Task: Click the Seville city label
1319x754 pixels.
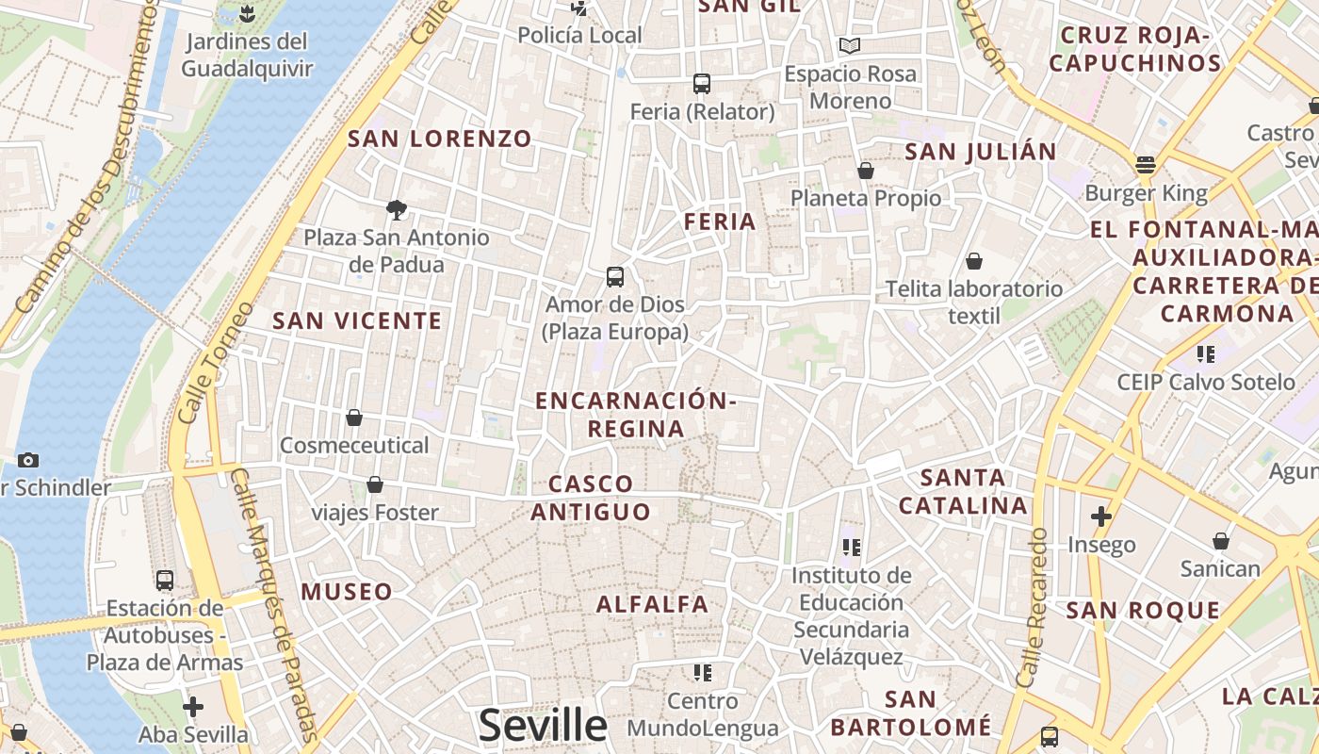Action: click(543, 725)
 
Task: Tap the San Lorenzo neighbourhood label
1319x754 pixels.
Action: click(440, 139)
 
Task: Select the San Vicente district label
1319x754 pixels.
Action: click(357, 320)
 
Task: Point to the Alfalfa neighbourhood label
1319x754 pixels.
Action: click(652, 604)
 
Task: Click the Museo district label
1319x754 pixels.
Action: click(347, 592)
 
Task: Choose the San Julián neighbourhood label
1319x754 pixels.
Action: click(981, 152)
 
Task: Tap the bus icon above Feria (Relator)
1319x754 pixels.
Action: click(702, 84)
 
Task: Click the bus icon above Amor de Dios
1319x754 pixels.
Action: click(615, 277)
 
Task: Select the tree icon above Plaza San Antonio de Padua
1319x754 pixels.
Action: click(397, 209)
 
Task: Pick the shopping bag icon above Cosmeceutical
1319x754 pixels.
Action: click(354, 417)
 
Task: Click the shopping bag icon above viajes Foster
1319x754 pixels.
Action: click(375, 484)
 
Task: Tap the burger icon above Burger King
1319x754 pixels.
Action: click(1146, 165)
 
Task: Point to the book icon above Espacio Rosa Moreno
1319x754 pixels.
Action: click(850, 45)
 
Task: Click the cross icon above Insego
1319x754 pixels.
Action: click(1101, 516)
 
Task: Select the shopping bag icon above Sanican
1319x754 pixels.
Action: click(1221, 541)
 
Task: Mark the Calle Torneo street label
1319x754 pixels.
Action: click(202, 362)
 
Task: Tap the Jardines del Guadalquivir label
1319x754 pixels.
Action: click(246, 55)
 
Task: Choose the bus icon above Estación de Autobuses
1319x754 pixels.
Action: click(165, 580)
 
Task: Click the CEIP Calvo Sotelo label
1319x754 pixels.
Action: click(1206, 382)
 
